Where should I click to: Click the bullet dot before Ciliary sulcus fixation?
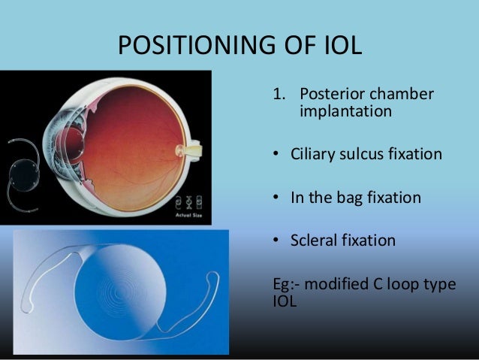tap(276, 156)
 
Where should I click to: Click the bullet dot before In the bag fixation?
tap(276, 198)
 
